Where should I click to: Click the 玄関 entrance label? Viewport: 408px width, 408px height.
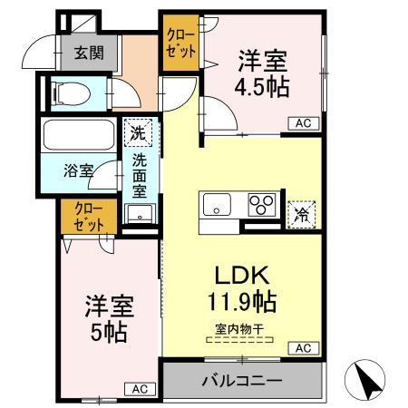[87, 53]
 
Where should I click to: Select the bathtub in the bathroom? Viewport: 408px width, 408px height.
[78, 137]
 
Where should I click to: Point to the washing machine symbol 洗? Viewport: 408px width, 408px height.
[138, 132]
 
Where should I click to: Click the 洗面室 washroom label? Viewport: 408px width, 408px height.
[141, 174]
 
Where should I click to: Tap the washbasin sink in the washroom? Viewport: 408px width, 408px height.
[140, 214]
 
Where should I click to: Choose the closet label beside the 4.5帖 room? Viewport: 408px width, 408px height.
[180, 44]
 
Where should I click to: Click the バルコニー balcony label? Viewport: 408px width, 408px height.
[241, 380]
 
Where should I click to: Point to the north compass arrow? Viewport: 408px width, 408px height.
[368, 382]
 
